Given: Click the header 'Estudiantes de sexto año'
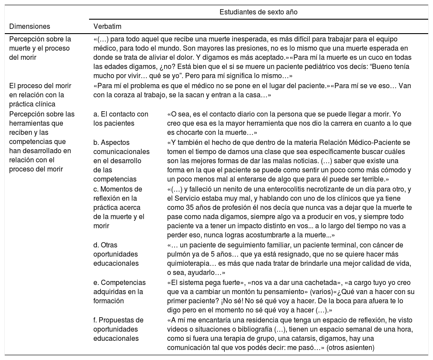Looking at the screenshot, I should tap(258, 12).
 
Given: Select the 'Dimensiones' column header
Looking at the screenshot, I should tap(30, 26).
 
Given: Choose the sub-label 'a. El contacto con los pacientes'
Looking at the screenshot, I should tap(121, 119).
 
